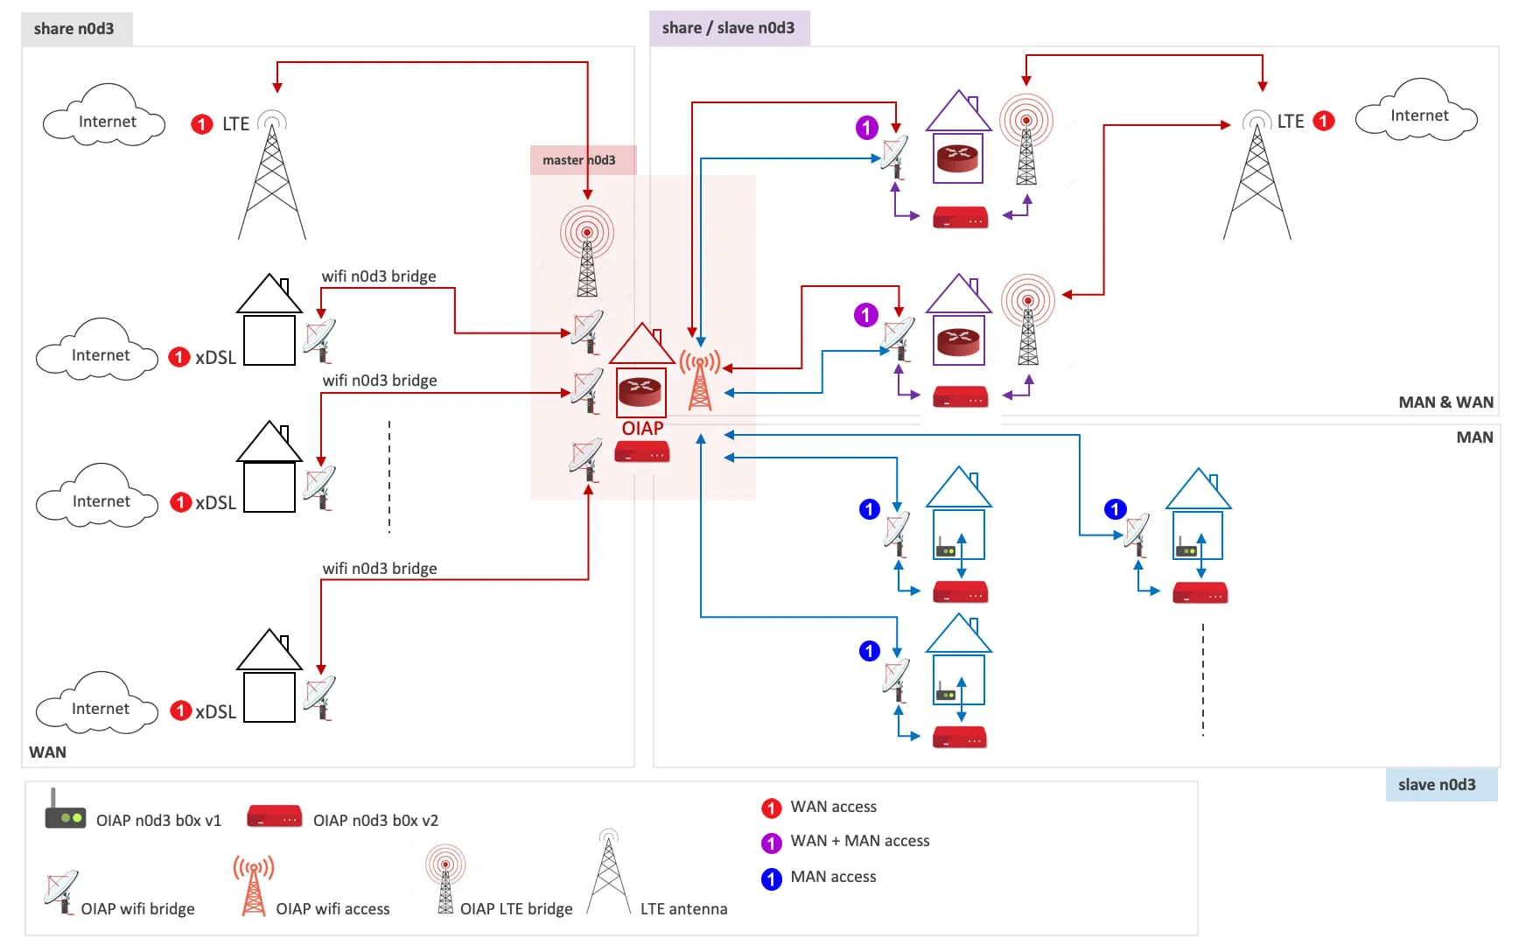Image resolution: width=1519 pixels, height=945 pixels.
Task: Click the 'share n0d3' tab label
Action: tap(74, 29)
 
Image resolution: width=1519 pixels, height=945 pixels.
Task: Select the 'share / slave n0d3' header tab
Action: tap(728, 28)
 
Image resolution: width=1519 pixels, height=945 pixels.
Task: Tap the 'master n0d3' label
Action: tap(578, 160)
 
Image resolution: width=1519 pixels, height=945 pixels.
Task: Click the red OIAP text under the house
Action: tap(642, 429)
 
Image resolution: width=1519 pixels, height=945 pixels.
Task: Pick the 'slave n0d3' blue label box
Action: tap(1437, 785)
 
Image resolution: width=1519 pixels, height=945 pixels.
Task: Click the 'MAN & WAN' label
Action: tap(1445, 402)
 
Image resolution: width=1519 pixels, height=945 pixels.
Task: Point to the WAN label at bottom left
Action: tap(47, 752)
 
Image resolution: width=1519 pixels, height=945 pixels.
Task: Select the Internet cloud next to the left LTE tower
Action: tap(106, 121)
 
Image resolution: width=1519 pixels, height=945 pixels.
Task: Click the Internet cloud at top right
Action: tap(1417, 115)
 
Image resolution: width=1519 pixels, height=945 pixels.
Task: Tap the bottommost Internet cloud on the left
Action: tap(99, 708)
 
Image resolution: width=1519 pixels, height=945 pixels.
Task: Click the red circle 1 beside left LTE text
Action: tap(201, 124)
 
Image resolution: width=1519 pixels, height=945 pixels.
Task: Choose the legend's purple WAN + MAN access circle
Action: tap(771, 843)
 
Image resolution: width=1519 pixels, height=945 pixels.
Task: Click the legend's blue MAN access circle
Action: tap(771, 878)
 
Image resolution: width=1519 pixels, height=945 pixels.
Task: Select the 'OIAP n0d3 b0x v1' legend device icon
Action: tap(65, 813)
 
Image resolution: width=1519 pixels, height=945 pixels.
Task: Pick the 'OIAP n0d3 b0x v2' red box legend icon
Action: tap(274, 817)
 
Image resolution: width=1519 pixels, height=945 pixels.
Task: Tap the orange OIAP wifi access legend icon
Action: tap(253, 886)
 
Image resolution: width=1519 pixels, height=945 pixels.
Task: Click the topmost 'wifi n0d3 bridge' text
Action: tap(378, 276)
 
